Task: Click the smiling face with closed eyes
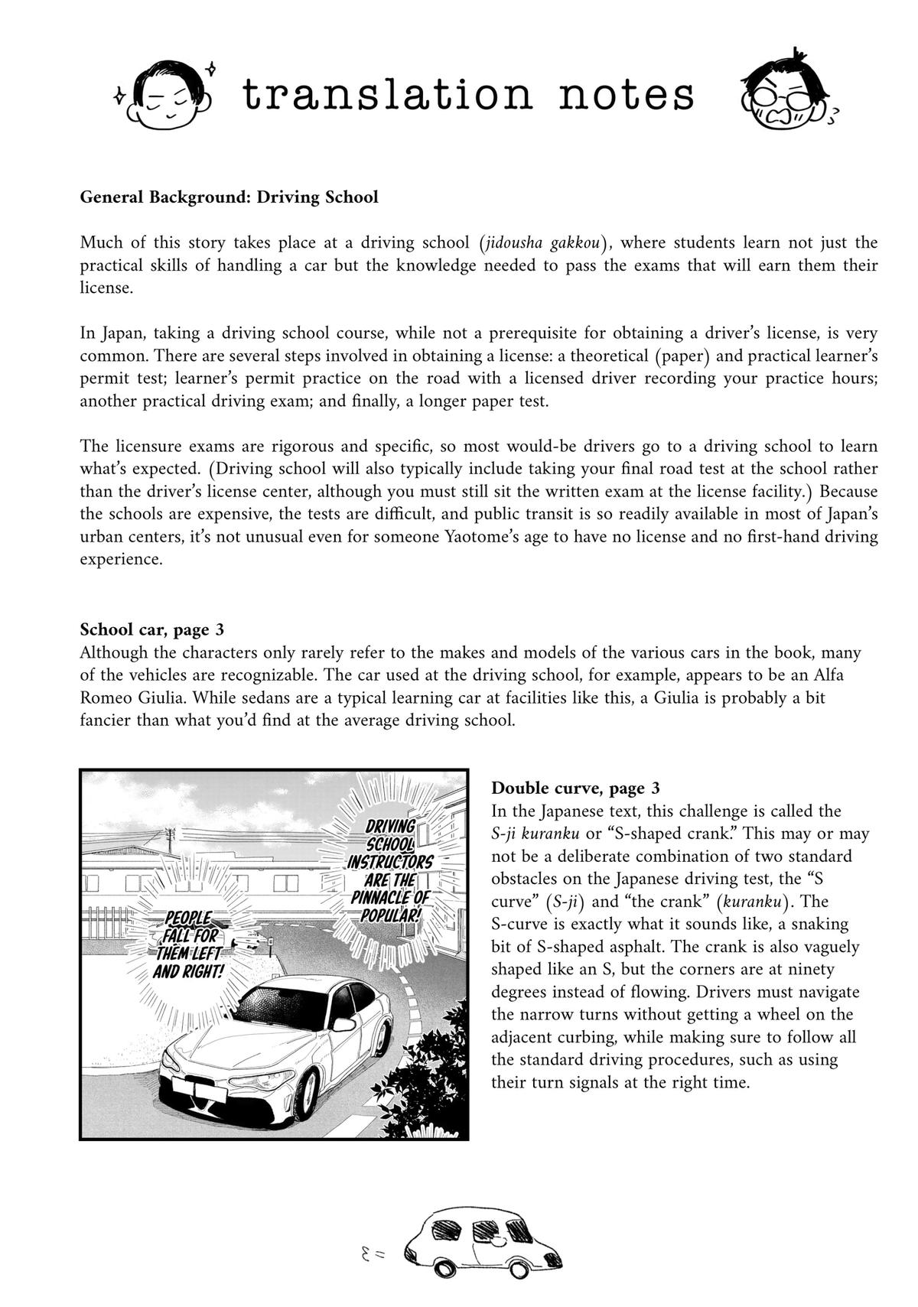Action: tap(170, 96)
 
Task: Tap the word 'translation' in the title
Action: tap(386, 95)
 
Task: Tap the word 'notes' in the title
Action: tap(627, 95)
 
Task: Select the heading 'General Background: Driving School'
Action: tap(229, 197)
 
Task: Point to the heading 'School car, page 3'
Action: tap(151, 629)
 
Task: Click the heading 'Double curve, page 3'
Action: tap(575, 788)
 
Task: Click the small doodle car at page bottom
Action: tap(482, 1237)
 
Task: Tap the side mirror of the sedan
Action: tap(343, 1025)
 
